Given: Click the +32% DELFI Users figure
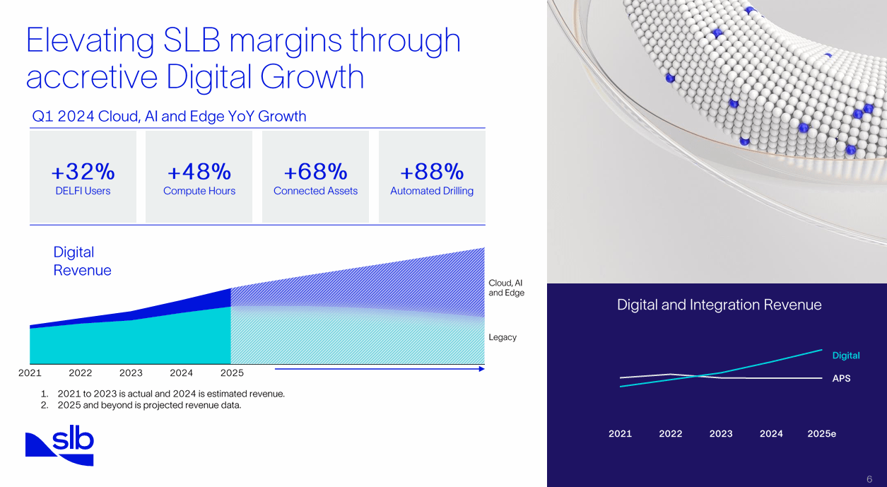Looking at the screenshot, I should (83, 172).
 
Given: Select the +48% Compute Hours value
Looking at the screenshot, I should (199, 172).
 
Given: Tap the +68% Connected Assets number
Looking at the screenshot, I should (315, 172).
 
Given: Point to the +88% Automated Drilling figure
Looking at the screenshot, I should (432, 172).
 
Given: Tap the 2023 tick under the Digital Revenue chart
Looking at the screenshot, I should (131, 373).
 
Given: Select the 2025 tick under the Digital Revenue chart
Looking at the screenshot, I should (232, 373).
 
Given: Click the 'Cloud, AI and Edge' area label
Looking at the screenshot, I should (506, 288).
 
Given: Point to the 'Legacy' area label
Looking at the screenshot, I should (503, 337).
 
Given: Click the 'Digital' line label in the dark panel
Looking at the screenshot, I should (846, 356).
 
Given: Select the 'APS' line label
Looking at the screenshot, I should (841, 378).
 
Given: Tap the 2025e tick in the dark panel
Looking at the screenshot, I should (821, 434).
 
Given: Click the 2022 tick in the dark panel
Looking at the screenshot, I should (671, 434).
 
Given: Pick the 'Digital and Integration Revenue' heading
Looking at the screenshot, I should (719, 305).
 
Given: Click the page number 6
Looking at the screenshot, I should (869, 479).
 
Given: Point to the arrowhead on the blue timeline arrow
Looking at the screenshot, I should (482, 368).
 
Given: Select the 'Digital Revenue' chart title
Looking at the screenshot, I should (82, 261).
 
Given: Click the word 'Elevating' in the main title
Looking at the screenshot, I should (90, 40).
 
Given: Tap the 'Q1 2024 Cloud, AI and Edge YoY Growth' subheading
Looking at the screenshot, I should (170, 117).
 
